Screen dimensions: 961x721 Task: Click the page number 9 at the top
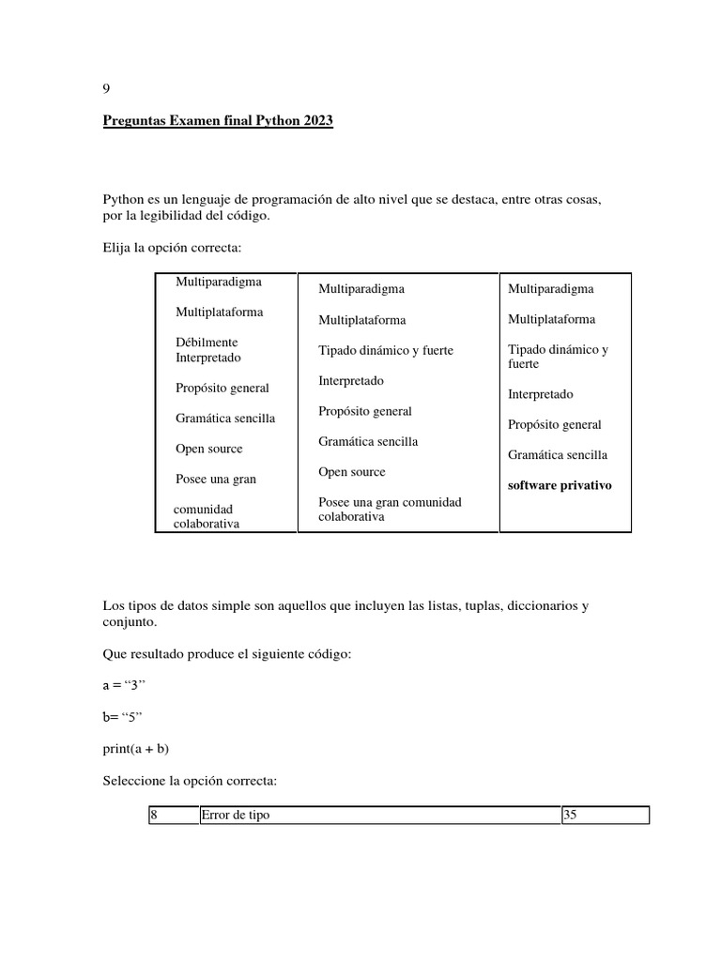(106, 89)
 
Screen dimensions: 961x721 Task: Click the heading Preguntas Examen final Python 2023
(218, 122)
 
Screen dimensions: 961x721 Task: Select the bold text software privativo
(560, 485)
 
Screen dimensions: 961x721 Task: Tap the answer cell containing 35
(606, 816)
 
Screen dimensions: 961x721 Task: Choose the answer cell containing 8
(173, 816)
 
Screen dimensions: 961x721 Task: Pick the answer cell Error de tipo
(380, 816)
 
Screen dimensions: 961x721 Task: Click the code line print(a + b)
(136, 748)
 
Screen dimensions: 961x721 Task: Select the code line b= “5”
(121, 717)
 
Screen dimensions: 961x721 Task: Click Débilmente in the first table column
(207, 343)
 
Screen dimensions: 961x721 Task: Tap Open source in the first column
(208, 449)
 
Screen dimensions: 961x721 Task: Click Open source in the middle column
(351, 472)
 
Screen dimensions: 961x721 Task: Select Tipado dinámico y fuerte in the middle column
(385, 350)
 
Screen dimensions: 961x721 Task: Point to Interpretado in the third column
(540, 394)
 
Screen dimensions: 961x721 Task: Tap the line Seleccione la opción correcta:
(189, 781)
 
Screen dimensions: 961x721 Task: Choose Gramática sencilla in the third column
(558, 455)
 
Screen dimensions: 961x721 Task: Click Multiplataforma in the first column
(219, 312)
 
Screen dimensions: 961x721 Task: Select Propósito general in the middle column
(365, 411)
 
